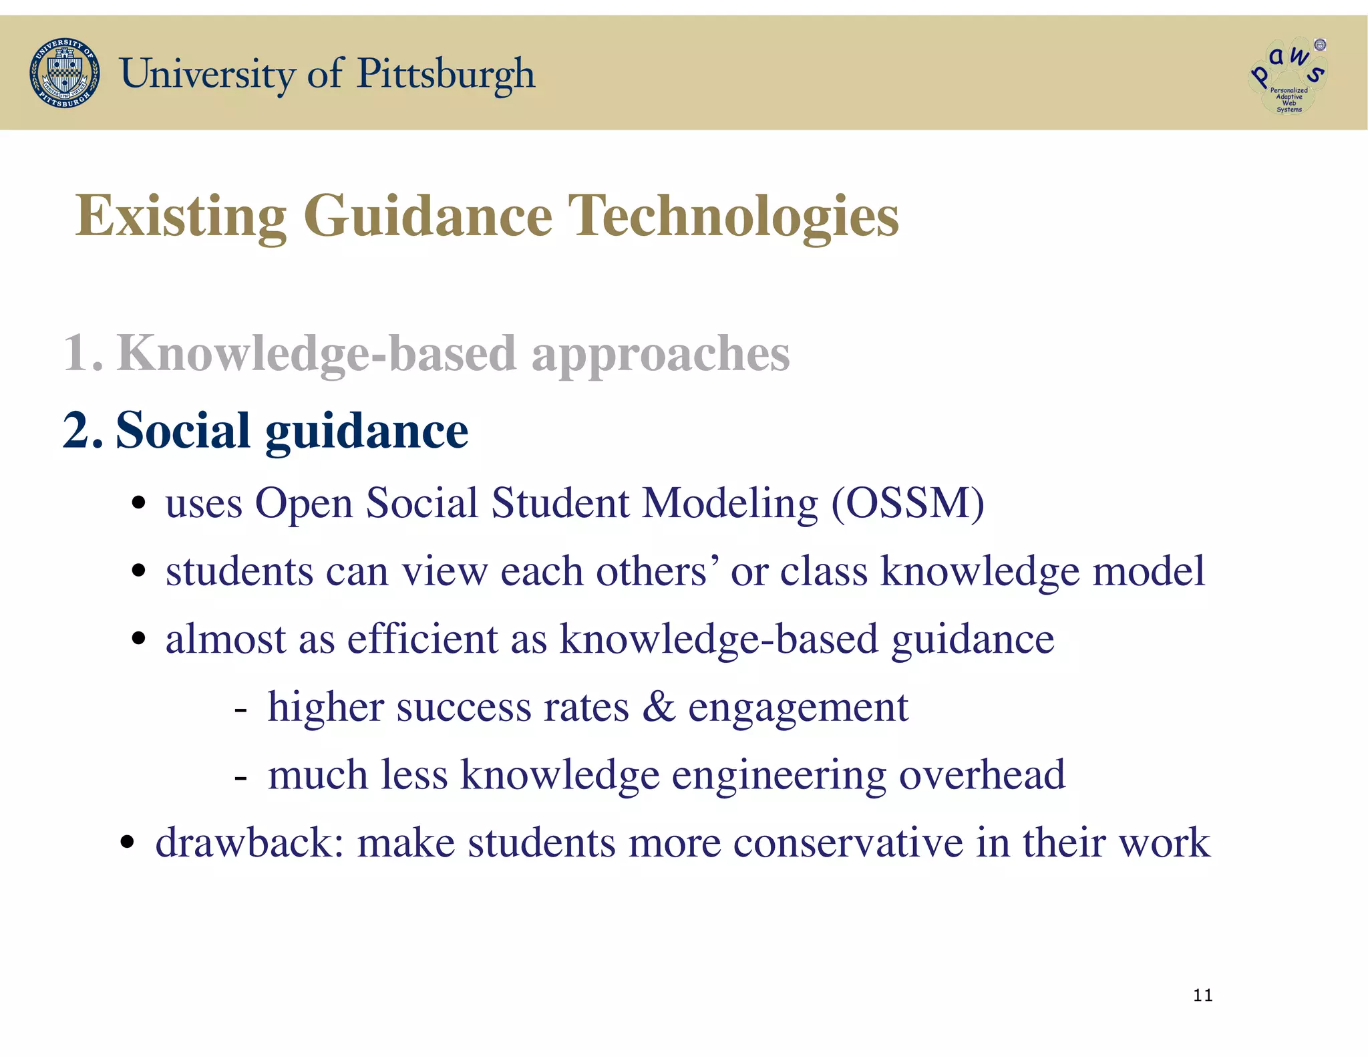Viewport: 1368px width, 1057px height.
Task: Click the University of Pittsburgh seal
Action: [x=65, y=73]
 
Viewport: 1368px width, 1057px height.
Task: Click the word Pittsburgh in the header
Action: [x=446, y=73]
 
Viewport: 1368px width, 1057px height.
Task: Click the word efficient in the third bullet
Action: [x=422, y=639]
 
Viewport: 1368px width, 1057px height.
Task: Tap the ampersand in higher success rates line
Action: [x=658, y=707]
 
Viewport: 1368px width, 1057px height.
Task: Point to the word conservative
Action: [x=848, y=843]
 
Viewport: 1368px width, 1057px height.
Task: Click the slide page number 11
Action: [x=1202, y=996]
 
